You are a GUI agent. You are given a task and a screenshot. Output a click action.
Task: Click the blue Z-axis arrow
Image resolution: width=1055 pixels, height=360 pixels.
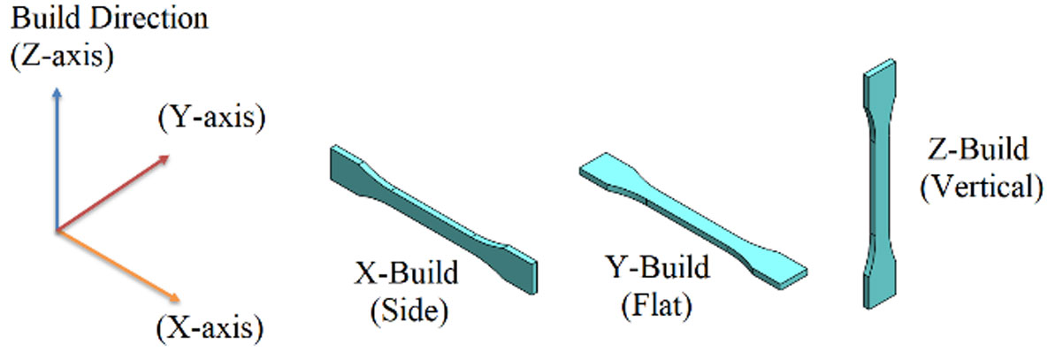pos(57,159)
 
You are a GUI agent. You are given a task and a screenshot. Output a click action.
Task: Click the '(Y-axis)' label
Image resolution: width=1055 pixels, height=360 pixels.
pos(211,118)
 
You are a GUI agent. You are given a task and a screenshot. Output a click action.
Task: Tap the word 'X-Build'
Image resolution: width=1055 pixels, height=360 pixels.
pos(408,273)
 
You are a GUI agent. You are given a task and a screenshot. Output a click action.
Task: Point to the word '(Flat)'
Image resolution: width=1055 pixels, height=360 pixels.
pos(656,306)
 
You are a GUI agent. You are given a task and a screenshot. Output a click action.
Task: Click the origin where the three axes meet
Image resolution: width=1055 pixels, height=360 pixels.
pos(57,230)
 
